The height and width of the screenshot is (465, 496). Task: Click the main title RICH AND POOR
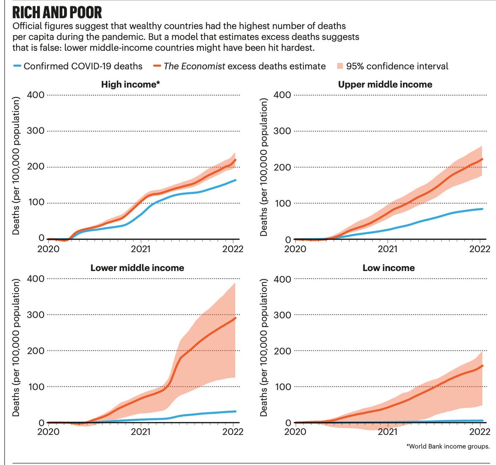[x=57, y=12]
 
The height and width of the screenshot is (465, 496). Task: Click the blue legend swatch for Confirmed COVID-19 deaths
[x=17, y=66]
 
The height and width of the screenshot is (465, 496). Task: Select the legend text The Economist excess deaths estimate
[x=244, y=66]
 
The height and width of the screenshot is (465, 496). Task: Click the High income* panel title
[x=131, y=84]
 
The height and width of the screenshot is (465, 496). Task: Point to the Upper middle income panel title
[x=385, y=84]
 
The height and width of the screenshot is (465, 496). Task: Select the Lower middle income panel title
[x=137, y=268]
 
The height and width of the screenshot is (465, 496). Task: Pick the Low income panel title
[x=389, y=268]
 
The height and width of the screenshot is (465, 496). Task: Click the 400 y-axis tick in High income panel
[x=36, y=95]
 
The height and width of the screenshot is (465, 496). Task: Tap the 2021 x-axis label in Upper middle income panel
[x=388, y=249]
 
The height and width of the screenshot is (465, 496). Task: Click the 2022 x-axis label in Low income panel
[x=480, y=432]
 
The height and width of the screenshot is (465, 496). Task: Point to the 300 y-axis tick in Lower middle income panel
[x=36, y=314]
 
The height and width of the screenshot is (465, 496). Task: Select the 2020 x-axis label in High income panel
[x=48, y=249]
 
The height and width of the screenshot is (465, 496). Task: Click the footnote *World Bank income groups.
[x=448, y=446]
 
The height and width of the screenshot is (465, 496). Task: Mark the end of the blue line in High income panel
[x=236, y=180]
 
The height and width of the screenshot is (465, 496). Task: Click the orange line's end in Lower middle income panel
[x=236, y=318]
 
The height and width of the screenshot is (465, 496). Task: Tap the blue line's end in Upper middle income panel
[x=482, y=209]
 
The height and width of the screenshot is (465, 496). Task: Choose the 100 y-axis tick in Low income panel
[x=283, y=387]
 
